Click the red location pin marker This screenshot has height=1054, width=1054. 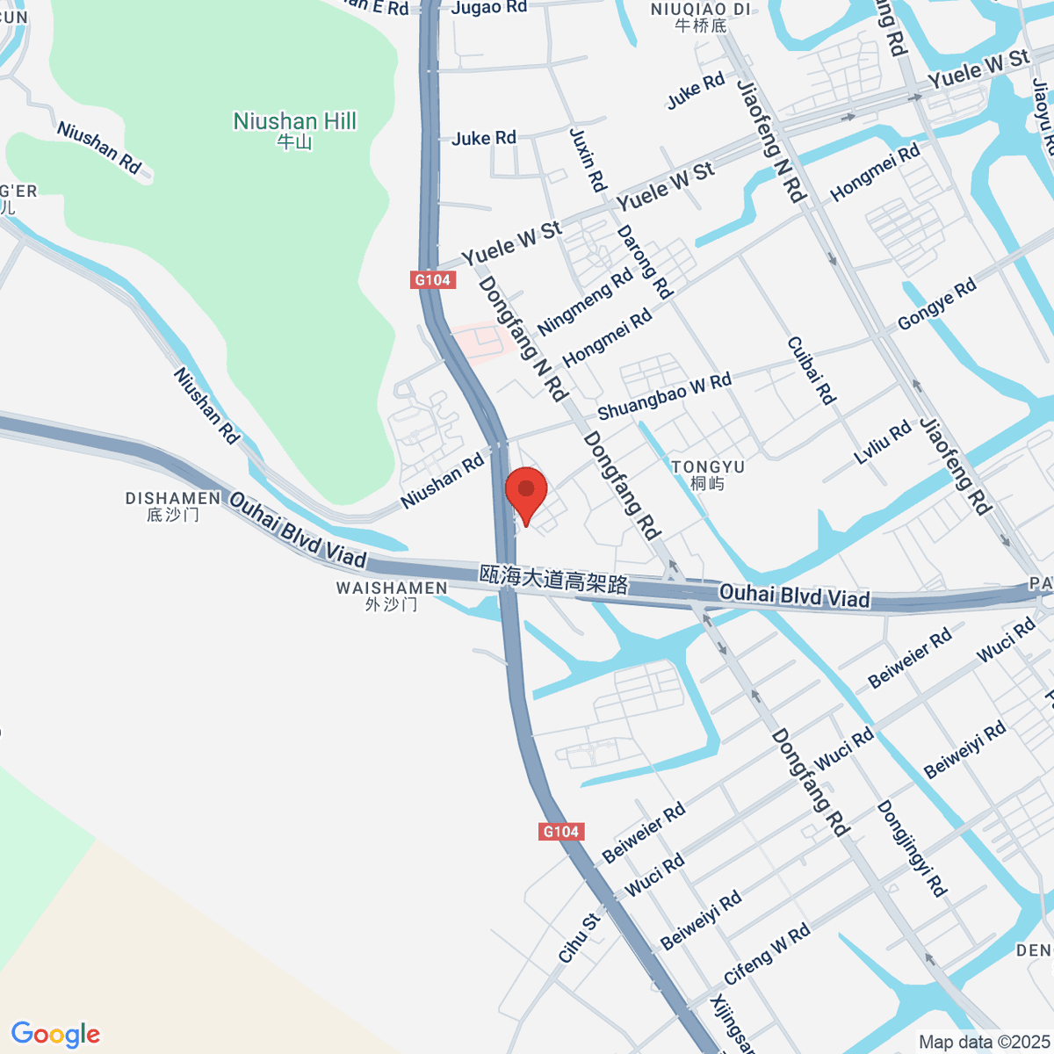tap(526, 492)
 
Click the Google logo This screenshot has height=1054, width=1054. tap(55, 1034)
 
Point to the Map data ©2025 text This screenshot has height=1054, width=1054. tap(983, 1043)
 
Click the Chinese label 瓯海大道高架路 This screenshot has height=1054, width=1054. tap(554, 579)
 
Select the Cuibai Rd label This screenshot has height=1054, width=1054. tap(811, 371)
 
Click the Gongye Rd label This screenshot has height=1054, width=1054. tap(936, 304)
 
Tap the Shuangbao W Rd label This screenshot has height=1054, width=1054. tap(664, 396)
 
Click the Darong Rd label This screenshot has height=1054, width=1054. tap(645, 262)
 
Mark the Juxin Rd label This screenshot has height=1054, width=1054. tap(588, 160)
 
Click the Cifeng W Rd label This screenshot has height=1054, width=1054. tap(767, 955)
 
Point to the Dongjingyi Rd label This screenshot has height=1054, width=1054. tap(912, 848)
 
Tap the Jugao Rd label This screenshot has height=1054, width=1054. tap(489, 8)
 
